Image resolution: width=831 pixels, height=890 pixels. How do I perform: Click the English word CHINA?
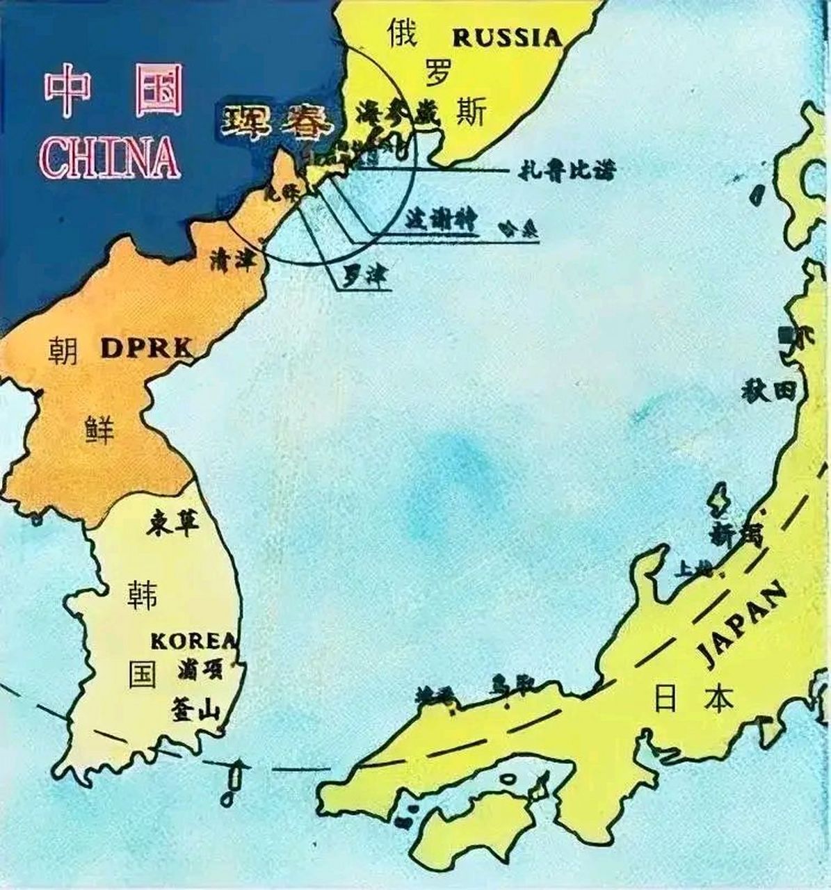coord(110,158)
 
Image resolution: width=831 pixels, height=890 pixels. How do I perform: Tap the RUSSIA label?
coord(507,37)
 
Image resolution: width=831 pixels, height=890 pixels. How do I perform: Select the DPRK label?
coord(146,348)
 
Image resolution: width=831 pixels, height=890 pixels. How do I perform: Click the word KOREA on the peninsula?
coord(193,640)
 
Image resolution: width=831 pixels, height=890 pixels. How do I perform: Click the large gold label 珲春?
coord(277,123)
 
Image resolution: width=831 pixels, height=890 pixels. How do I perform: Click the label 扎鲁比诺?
coord(567,170)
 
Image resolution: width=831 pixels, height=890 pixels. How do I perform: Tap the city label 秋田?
coord(768,391)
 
